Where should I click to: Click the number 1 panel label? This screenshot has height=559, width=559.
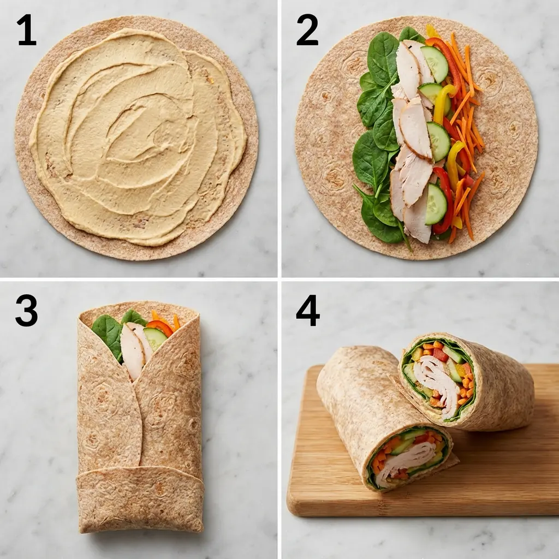(26, 31)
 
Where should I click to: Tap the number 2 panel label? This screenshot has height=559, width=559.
(307, 31)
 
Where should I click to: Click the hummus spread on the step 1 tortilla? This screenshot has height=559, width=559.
(136, 136)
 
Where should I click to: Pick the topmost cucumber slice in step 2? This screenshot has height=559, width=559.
(435, 64)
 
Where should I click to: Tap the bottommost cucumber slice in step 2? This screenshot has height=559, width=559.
(436, 204)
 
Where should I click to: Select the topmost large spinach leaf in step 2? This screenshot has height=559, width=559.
(383, 59)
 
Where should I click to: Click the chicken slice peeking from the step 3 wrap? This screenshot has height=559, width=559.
(132, 349)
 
